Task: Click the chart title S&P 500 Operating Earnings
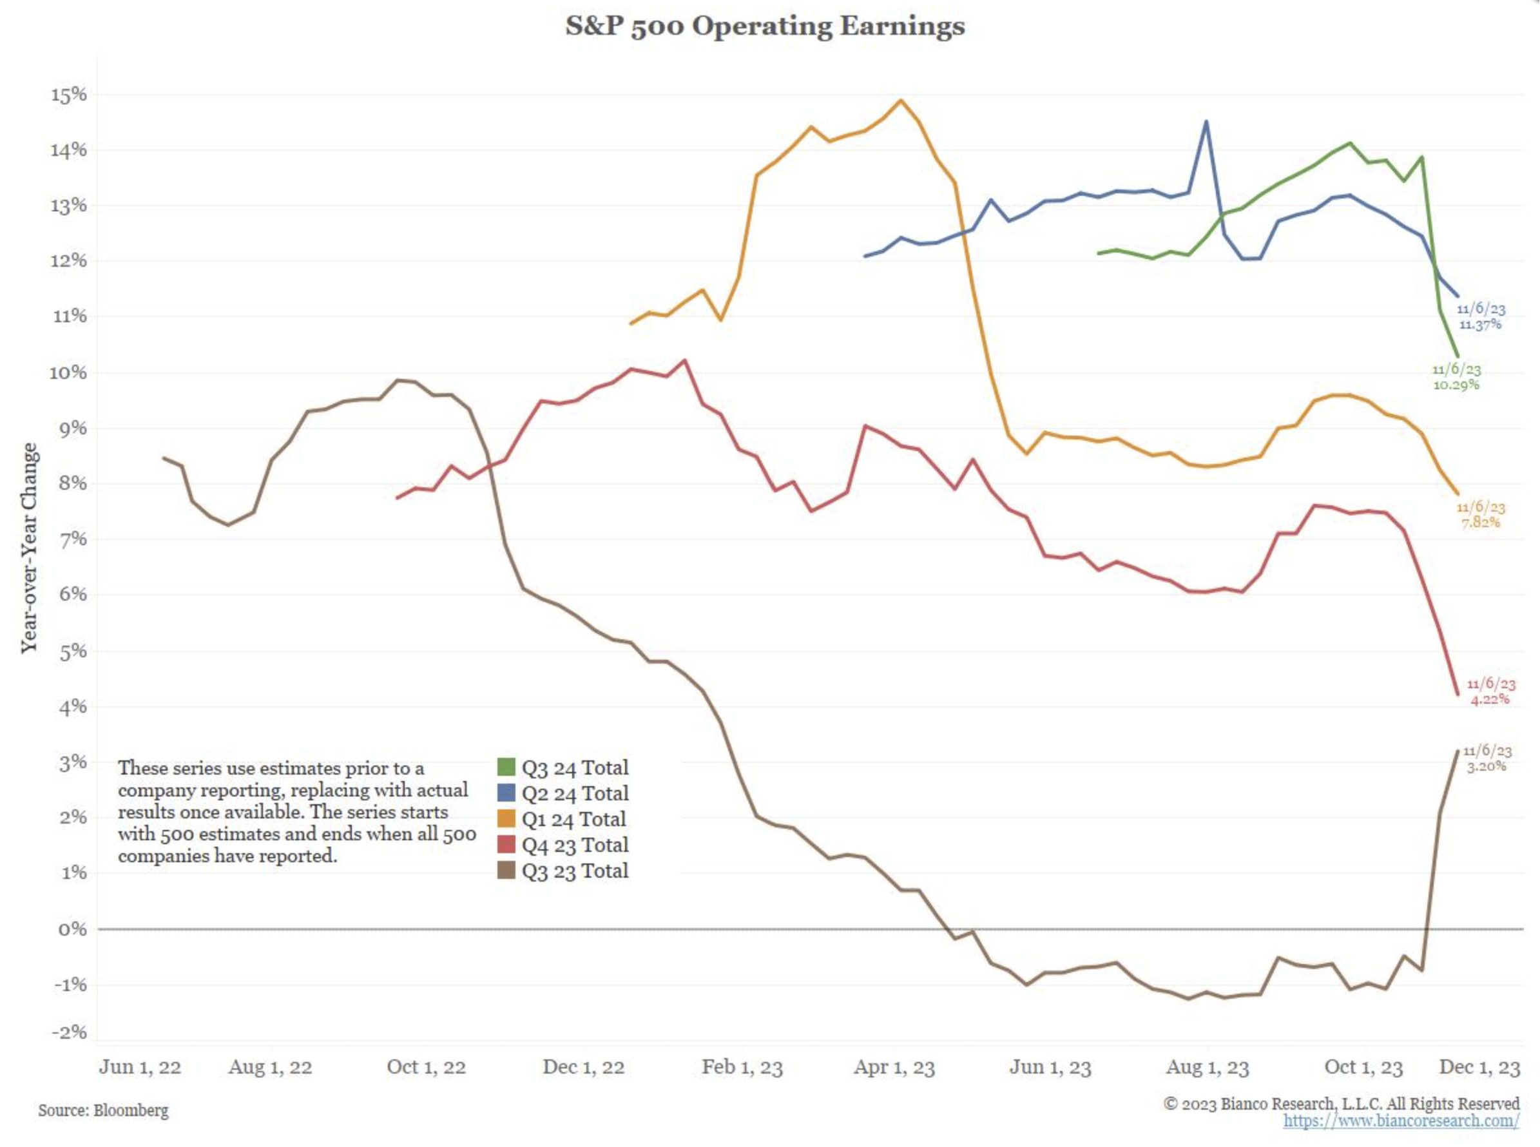point(764,26)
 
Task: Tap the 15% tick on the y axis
point(69,95)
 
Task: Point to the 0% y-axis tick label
point(72,929)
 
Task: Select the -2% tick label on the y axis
point(69,1032)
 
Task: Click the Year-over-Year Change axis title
point(29,548)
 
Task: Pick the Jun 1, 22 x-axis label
point(140,1067)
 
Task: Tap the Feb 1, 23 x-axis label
point(742,1067)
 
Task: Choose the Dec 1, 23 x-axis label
point(1479,1067)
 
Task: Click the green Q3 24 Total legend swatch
point(506,767)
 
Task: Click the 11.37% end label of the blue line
point(1479,324)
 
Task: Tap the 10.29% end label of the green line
point(1456,385)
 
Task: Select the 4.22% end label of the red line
point(1489,699)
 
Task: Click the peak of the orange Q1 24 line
point(901,100)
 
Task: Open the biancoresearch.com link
point(1400,1120)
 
